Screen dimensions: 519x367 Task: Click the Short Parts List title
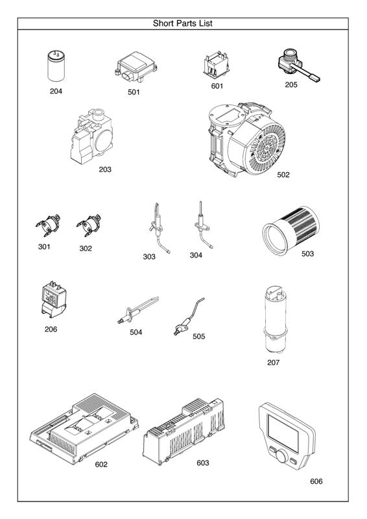[183, 23]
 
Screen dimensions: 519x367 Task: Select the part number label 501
[134, 92]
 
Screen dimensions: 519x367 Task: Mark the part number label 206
[51, 329]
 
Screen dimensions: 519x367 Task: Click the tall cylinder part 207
[273, 319]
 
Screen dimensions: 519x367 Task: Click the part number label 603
[203, 463]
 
